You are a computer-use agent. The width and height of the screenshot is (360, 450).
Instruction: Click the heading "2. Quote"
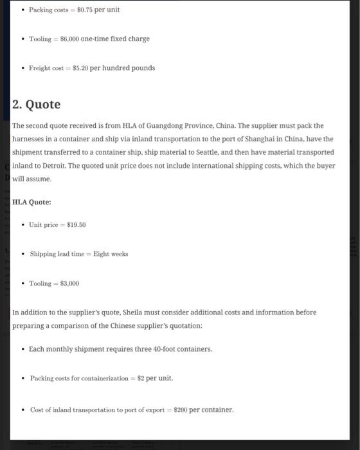pyautogui.click(x=37, y=104)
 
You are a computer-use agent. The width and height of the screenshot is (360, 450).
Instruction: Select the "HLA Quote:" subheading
pyautogui.click(x=32, y=202)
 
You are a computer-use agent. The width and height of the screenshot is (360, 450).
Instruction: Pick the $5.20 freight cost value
pyautogui.click(x=79, y=68)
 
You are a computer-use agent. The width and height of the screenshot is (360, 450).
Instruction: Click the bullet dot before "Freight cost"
pyautogui.click(x=22, y=68)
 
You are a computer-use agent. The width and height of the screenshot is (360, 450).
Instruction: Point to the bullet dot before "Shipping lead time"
pyautogui.click(x=22, y=254)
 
